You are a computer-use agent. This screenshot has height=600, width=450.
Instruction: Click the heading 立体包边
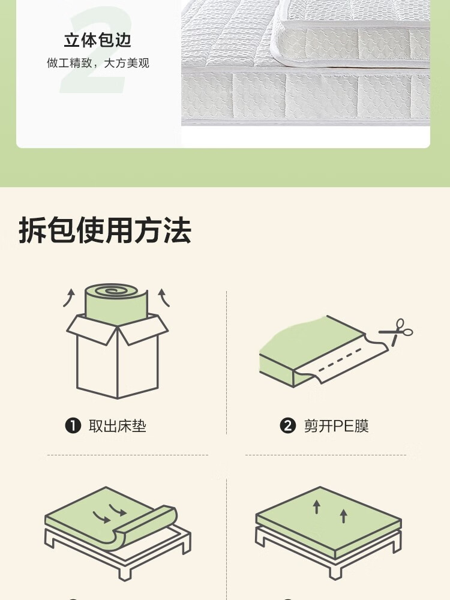click(98, 40)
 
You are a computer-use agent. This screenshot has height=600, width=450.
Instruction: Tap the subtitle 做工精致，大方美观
click(98, 63)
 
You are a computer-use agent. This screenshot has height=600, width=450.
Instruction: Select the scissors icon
click(396, 332)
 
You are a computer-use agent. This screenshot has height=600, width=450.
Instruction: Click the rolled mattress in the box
click(116, 304)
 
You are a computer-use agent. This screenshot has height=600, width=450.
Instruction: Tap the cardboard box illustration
click(118, 356)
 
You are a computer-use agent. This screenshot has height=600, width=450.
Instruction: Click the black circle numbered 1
click(73, 425)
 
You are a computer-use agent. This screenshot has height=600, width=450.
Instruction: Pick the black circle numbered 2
click(288, 425)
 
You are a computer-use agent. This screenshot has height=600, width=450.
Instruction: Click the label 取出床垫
click(118, 426)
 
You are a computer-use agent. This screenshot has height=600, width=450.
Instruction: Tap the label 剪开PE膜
click(337, 426)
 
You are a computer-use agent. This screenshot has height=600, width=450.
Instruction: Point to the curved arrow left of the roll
click(69, 298)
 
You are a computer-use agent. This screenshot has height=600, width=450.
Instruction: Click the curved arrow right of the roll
click(164, 298)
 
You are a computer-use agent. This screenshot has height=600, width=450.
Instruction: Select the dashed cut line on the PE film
click(340, 359)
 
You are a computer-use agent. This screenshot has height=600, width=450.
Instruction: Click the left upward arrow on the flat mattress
click(316, 506)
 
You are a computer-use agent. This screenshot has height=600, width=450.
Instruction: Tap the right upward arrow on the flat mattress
click(344, 516)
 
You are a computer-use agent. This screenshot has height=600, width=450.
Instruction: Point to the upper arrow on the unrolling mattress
click(118, 509)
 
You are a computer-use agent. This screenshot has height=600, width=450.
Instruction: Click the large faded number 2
click(95, 50)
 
